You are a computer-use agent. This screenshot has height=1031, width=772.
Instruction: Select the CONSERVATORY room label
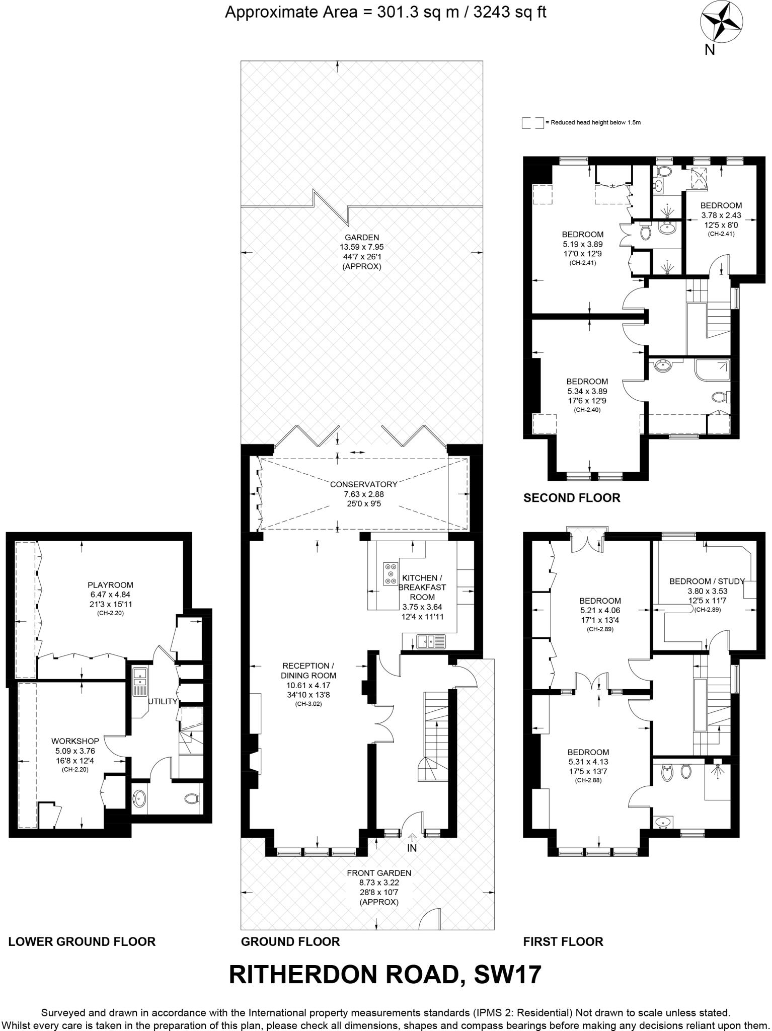[x=363, y=484]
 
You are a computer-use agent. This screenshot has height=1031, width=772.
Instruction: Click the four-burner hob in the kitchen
[x=390, y=574]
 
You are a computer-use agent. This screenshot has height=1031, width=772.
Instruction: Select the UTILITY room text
[x=163, y=702]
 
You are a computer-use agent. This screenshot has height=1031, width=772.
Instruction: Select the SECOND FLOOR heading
[x=572, y=498]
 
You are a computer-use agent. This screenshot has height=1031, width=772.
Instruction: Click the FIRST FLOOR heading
[x=563, y=941]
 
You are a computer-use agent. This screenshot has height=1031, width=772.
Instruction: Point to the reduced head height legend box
[x=532, y=123]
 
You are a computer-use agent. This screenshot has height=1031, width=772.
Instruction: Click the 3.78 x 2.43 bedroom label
[x=721, y=215]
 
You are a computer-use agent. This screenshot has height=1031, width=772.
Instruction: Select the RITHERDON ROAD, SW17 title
[x=385, y=975]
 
